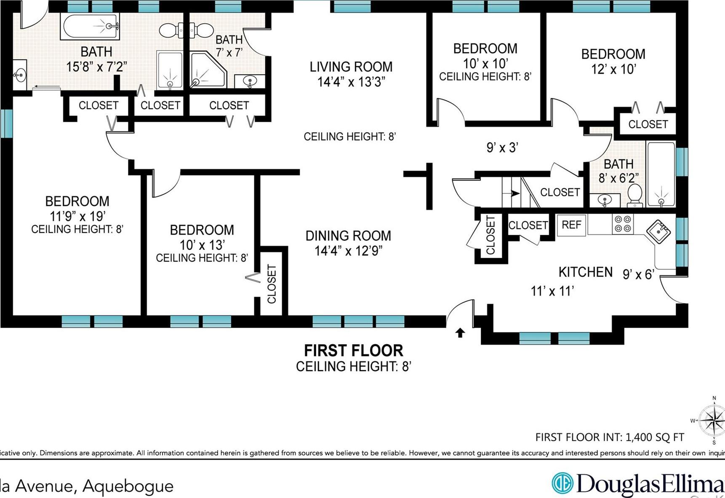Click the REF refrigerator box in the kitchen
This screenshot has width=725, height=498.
click(571, 225)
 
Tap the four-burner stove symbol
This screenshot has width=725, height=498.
click(623, 224)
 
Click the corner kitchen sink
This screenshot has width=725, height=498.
click(658, 231)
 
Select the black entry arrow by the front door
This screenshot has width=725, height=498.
click(460, 333)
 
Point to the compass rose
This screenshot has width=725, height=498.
click(713, 420)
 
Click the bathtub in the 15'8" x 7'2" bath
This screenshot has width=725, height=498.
click(90, 26)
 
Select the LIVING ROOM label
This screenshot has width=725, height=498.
click(351, 67)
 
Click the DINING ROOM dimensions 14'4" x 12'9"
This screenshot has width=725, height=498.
click(348, 251)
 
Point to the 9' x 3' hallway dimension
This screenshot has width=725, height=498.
click(502, 147)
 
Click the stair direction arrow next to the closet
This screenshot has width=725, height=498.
click(514, 193)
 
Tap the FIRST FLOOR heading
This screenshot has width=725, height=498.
click(353, 351)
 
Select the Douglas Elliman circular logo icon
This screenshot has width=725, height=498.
click(562, 483)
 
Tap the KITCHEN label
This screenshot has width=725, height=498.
click(585, 272)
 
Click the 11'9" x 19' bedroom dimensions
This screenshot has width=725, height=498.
click(77, 216)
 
